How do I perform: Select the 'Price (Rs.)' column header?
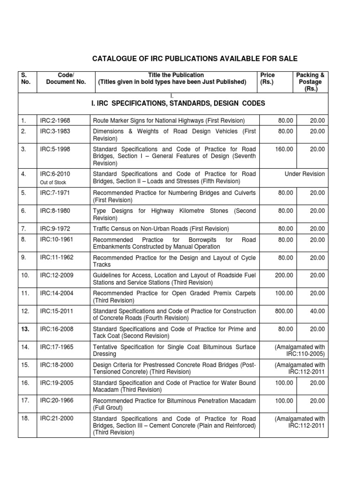pyautogui.click(x=268, y=78)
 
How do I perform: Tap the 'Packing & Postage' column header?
pyautogui.click(x=310, y=82)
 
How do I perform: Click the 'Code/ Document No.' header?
pyautogui.click(x=66, y=78)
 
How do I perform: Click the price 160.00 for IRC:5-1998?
pyautogui.click(x=284, y=149)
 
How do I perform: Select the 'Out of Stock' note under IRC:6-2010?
pyautogui.click(x=53, y=182)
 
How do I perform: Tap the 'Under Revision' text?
pyautogui.click(x=304, y=174)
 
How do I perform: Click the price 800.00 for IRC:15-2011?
pyautogui.click(x=284, y=311)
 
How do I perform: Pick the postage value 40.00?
pyautogui.click(x=317, y=311)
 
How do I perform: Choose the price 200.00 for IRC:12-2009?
pyautogui.click(x=284, y=275)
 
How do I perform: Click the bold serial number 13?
pyautogui.click(x=25, y=330)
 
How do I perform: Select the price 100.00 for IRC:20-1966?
pyautogui.click(x=284, y=401)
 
